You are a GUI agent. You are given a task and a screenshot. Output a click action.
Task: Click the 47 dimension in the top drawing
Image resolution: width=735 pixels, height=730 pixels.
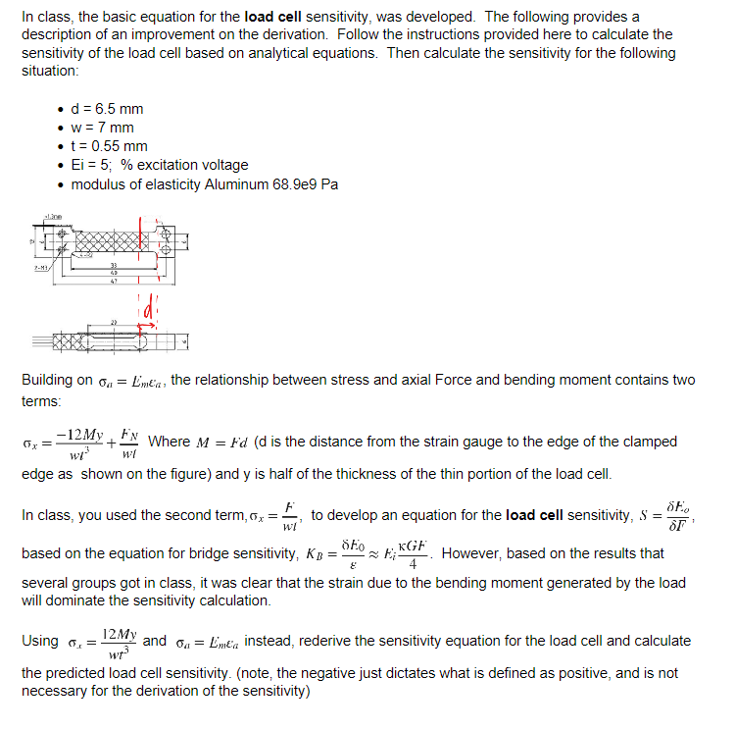click(x=114, y=281)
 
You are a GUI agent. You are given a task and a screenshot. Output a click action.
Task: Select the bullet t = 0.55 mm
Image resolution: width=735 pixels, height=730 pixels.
click(x=110, y=146)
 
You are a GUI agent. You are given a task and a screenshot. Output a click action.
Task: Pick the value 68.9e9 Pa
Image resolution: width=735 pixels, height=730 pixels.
click(x=307, y=183)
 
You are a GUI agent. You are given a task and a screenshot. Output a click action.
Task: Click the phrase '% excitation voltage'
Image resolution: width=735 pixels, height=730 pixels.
click(x=185, y=165)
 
